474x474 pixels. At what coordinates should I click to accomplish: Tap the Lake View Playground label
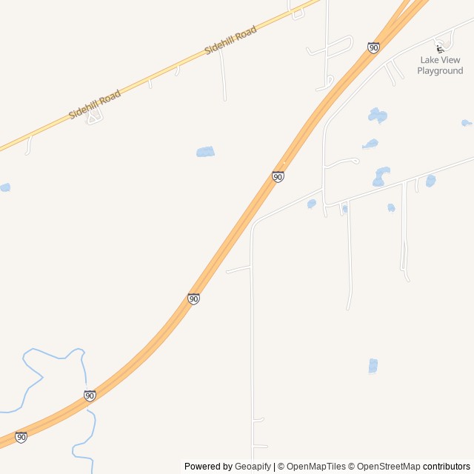click(440, 65)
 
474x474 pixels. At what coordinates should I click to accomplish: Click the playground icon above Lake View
click(440, 49)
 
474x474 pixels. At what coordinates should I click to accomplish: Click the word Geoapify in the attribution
click(253, 467)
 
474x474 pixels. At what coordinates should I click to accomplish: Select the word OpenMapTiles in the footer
click(316, 467)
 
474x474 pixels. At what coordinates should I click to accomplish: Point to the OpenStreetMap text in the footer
click(388, 467)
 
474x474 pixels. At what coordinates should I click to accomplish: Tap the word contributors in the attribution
click(446, 467)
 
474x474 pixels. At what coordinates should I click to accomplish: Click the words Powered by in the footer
click(208, 467)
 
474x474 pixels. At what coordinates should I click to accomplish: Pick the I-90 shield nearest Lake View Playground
click(373, 47)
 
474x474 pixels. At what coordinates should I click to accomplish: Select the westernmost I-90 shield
click(21, 438)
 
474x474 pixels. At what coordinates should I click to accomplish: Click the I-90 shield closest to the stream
click(90, 395)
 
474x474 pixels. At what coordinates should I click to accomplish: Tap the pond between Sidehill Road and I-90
click(205, 152)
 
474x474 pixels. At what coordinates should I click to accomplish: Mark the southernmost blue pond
click(373, 366)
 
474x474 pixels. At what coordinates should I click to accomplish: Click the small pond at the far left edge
click(4, 187)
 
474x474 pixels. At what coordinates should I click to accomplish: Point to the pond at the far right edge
click(466, 123)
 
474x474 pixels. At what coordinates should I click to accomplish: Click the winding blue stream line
click(33, 385)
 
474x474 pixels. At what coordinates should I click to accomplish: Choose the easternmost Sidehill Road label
click(230, 39)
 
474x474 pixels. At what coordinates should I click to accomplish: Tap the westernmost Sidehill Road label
click(95, 104)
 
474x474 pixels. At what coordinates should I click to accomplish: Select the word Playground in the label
click(440, 71)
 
